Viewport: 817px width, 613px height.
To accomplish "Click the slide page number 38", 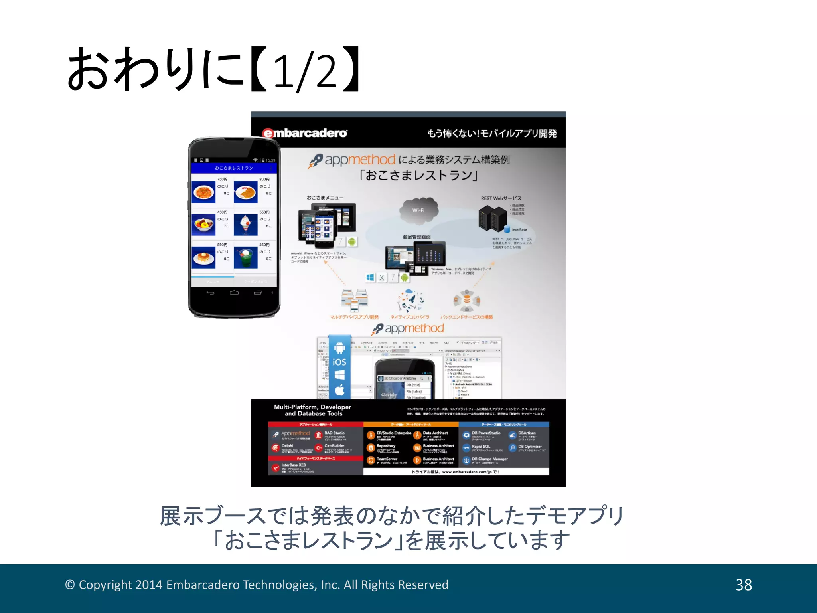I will click(x=744, y=585).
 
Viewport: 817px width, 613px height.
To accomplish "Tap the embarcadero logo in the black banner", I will click(x=305, y=133).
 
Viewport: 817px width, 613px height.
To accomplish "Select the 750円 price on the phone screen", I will click(x=222, y=180).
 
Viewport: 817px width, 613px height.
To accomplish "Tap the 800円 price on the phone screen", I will click(x=264, y=180).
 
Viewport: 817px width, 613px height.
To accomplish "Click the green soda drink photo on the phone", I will click(x=245, y=258).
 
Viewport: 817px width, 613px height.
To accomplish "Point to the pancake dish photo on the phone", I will click(x=203, y=258).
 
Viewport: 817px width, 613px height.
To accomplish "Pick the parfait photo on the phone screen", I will click(x=245, y=225).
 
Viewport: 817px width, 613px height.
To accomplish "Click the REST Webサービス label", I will click(x=501, y=198).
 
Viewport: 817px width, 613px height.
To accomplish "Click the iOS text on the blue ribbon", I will click(x=339, y=362).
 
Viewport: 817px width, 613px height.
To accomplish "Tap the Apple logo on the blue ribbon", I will click(x=339, y=390).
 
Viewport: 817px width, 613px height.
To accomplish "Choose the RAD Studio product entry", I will click(x=334, y=433).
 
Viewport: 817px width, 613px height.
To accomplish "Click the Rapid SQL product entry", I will click(x=481, y=447).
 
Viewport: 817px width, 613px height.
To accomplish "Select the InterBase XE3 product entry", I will click(x=293, y=465).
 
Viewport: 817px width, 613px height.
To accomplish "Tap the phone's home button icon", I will click(x=234, y=293).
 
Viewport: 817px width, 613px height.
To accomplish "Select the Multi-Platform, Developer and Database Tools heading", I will click(x=313, y=410).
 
